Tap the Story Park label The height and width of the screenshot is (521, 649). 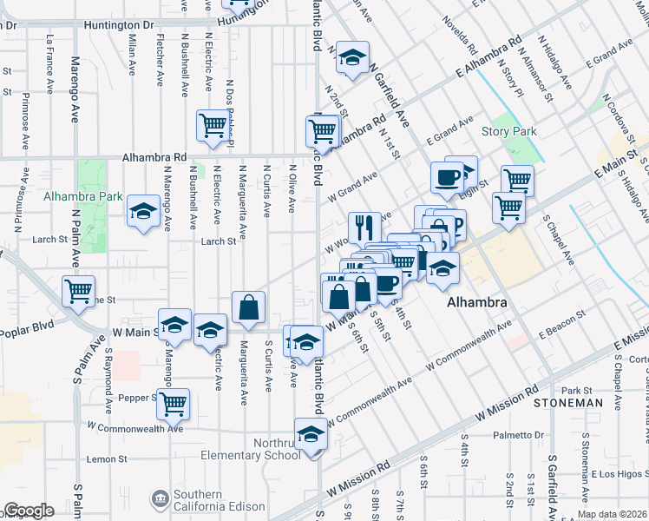[x=508, y=132]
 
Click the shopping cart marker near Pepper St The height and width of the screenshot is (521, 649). [x=174, y=403]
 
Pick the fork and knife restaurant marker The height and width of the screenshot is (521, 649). [x=364, y=228]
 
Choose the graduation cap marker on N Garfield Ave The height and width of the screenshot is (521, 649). [x=352, y=56]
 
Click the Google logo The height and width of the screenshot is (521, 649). [x=29, y=511]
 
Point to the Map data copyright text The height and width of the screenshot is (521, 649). [x=611, y=514]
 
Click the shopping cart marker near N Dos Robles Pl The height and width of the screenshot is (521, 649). [x=212, y=125]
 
